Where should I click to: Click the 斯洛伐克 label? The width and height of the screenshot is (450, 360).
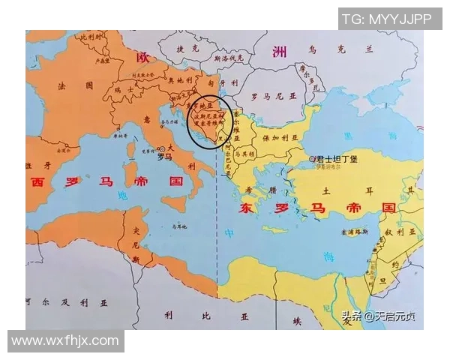pos(224,56)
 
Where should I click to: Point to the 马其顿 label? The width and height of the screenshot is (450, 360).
pos(244,154)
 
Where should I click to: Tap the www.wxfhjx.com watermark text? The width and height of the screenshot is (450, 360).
pos(65,341)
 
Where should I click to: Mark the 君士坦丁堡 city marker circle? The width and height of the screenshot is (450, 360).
pos(312,160)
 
